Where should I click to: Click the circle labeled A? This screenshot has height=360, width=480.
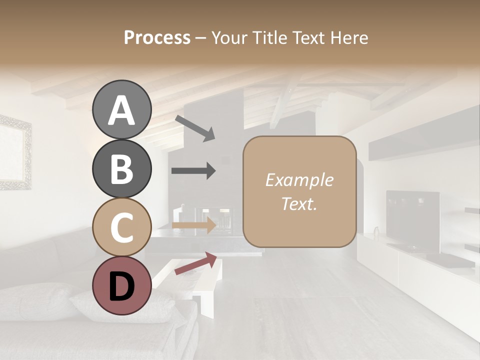(x=121, y=110)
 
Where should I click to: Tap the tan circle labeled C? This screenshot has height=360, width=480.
(x=121, y=227)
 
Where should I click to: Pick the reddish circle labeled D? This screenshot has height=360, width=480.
(x=121, y=286)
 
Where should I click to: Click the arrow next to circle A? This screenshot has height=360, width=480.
(x=194, y=127)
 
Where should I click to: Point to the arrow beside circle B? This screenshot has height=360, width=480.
(x=193, y=170)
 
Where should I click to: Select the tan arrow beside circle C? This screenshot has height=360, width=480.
(x=194, y=225)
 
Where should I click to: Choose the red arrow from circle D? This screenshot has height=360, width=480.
(x=195, y=263)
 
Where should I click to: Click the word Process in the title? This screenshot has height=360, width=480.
(x=157, y=37)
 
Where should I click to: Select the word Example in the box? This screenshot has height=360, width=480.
(x=299, y=180)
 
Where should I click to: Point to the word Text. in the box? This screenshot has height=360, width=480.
(x=299, y=203)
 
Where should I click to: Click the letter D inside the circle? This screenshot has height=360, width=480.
(x=121, y=286)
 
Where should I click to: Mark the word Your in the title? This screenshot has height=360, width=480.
(x=228, y=37)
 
